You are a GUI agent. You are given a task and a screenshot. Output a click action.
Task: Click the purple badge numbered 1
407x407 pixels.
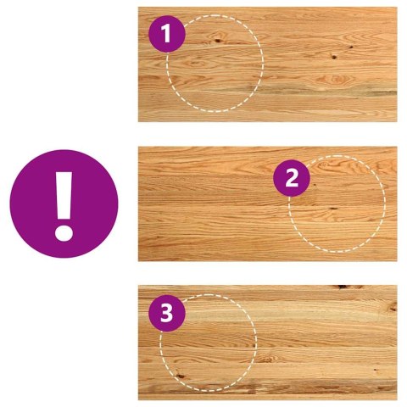[167, 34]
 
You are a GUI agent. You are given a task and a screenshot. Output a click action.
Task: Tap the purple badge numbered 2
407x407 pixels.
[292, 178]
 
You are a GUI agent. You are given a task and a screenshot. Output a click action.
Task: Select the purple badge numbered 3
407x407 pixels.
[167, 313]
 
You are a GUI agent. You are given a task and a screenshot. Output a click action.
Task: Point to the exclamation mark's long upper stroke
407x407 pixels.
[64, 195]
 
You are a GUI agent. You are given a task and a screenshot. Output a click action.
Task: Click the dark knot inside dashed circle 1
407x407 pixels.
[218, 41]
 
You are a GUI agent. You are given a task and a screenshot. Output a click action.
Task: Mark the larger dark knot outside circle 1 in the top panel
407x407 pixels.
[334, 57]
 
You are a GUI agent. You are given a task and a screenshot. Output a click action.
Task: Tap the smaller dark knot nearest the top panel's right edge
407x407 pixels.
[351, 47]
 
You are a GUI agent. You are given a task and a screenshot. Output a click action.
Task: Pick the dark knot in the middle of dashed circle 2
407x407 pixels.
[333, 209]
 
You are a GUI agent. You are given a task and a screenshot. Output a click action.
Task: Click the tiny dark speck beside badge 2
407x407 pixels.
[315, 185]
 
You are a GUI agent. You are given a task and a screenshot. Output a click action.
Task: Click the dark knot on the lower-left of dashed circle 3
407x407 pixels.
[180, 376]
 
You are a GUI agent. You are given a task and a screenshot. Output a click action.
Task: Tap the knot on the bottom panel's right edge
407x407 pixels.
[393, 307]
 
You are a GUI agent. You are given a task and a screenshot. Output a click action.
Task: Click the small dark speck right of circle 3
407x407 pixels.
[376, 370]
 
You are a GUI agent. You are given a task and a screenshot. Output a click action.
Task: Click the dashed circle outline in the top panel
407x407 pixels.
[263, 64]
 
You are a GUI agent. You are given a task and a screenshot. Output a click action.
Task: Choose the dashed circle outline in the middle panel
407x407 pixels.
[385, 203]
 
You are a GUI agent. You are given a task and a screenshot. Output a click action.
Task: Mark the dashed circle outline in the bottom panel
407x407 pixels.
[256, 343]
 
